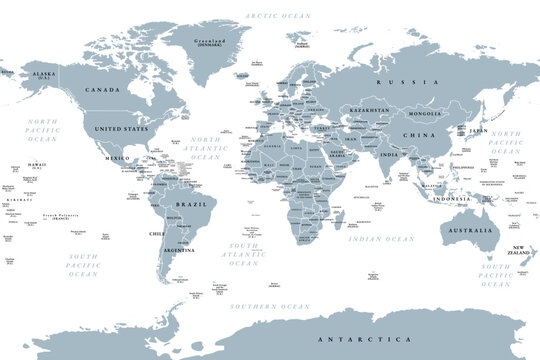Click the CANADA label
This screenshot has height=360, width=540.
pos(105,89)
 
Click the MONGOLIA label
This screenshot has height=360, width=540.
pos(421,116)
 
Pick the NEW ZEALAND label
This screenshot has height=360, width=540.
pos(519,250)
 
